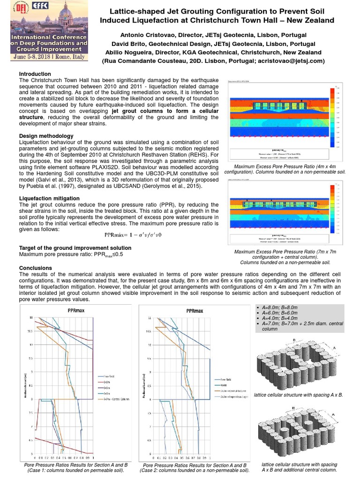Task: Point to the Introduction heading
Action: [35, 74]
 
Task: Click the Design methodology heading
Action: [45, 136]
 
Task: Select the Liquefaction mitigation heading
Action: [49, 198]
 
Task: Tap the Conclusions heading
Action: [35, 268]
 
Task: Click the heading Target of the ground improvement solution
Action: [75, 247]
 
